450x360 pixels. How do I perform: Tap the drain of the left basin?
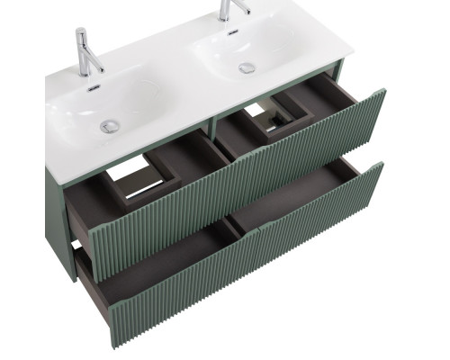pyautogui.click(x=110, y=126)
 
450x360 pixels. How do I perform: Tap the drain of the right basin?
pyautogui.click(x=246, y=67)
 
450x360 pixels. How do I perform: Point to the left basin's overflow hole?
pyautogui.click(x=92, y=88)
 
